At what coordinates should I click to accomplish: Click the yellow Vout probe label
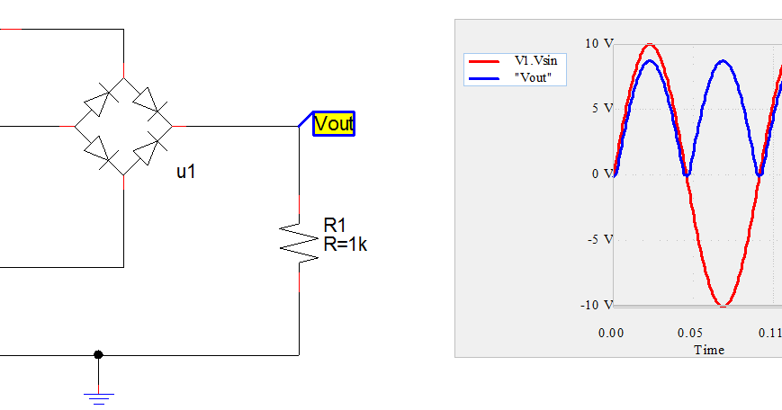click(334, 124)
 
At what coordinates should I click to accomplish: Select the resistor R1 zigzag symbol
click(300, 240)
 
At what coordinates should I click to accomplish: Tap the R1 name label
click(334, 225)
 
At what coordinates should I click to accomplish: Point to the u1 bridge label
click(185, 172)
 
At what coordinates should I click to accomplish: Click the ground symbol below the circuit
click(98, 395)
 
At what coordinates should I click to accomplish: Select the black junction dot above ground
click(98, 354)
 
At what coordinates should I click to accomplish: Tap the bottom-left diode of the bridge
click(97, 151)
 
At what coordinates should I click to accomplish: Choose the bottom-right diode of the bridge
click(149, 151)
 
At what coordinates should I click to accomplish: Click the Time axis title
click(708, 349)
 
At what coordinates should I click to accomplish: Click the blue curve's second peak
click(724, 61)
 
